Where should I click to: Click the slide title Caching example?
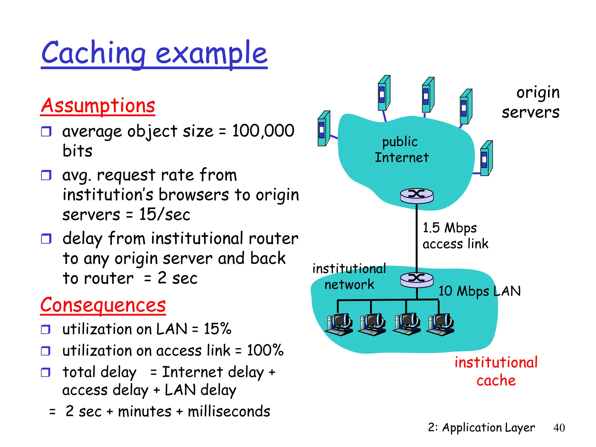point(154,53)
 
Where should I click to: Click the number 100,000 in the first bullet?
point(263,131)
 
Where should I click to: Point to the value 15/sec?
point(165,214)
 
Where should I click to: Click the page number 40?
point(559,428)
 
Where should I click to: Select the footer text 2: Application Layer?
point(481,428)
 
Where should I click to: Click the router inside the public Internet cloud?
point(417,195)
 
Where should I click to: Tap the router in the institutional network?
point(417,279)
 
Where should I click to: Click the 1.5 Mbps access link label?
point(455,236)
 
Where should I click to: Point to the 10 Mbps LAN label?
point(480,291)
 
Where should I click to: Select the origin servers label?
point(531,102)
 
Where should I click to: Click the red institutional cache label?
point(496,371)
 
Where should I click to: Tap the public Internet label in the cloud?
point(401,150)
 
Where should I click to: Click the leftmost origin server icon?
point(324,129)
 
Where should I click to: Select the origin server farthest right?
point(486,158)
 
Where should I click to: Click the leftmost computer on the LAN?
point(339,324)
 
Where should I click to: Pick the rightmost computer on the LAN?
point(440,324)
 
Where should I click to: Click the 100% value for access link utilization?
point(265,350)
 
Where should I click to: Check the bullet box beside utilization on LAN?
point(46,329)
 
